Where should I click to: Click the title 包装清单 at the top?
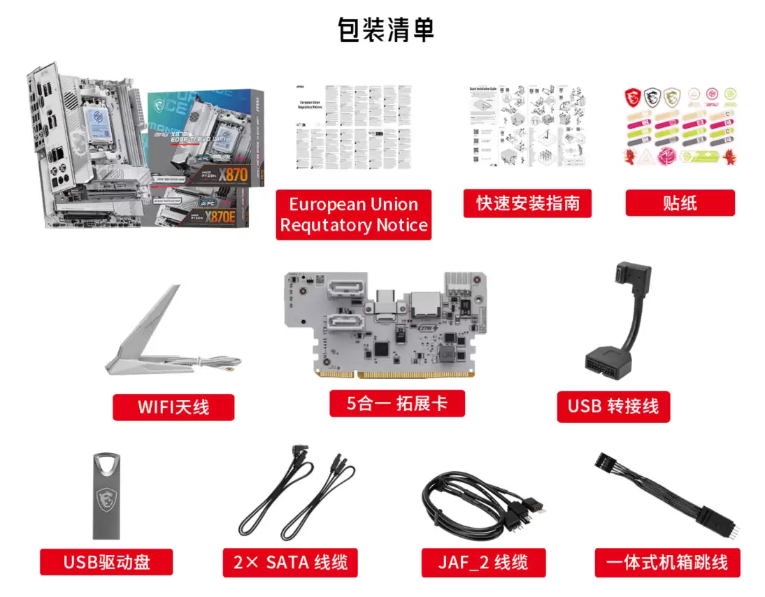tap(385, 30)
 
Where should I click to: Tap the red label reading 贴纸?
tap(680, 203)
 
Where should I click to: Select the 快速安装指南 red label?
tap(527, 203)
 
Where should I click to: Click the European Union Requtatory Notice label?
tap(354, 215)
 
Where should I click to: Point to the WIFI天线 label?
tap(173, 406)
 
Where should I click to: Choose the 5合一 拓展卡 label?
tap(397, 403)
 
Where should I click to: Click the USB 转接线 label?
tap(613, 405)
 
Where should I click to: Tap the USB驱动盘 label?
tap(106, 561)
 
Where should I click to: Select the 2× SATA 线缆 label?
tap(291, 561)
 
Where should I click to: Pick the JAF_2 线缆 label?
tap(483, 561)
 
